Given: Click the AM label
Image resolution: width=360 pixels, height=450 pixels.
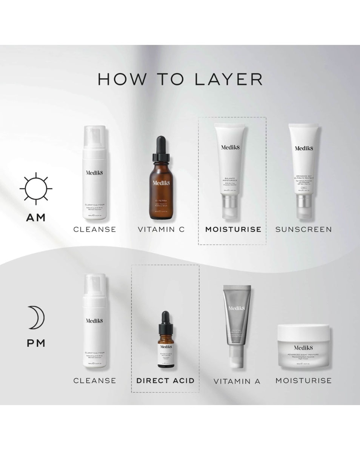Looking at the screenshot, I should tap(36, 218).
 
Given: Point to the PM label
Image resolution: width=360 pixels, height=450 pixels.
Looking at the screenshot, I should tap(36, 343).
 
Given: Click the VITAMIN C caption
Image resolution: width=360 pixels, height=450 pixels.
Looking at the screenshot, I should tap(162, 229).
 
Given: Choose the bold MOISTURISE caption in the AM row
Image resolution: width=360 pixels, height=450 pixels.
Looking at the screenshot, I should tap(233, 229).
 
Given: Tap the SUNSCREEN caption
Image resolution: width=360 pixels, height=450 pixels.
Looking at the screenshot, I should tap(304, 229).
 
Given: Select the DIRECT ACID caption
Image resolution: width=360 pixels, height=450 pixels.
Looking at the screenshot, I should tap(165, 381).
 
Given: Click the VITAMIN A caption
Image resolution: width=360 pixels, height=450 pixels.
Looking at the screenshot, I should tap(237, 381).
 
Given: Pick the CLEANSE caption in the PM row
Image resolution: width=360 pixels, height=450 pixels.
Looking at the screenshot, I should tap(95, 381).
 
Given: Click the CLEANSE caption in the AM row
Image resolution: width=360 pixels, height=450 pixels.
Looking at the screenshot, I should tap(95, 229).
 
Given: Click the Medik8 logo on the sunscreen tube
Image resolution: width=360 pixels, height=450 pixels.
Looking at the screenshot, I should tap(304, 148).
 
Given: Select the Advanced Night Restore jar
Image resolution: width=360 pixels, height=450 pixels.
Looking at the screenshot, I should tap(304, 346).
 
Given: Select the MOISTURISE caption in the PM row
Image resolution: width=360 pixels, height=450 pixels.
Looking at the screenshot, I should tap(304, 381).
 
